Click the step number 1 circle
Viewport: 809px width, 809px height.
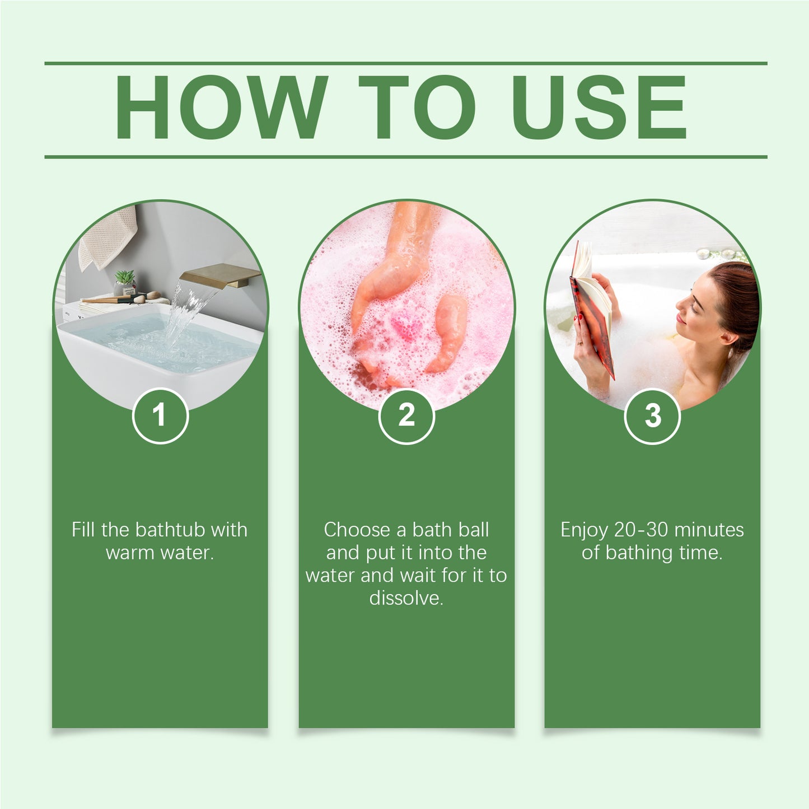pyautogui.click(x=160, y=415)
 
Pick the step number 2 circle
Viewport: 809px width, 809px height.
pyautogui.click(x=406, y=415)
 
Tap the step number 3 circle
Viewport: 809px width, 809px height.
pyautogui.click(x=652, y=416)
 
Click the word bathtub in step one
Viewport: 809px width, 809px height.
pyautogui.click(x=171, y=530)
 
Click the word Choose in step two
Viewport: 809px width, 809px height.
pyautogui.click(x=357, y=530)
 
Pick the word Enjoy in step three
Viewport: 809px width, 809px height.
pyautogui.click(x=584, y=530)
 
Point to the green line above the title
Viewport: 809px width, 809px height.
pyautogui.click(x=405, y=63)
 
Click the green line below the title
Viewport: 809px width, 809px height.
pyautogui.click(x=405, y=157)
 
